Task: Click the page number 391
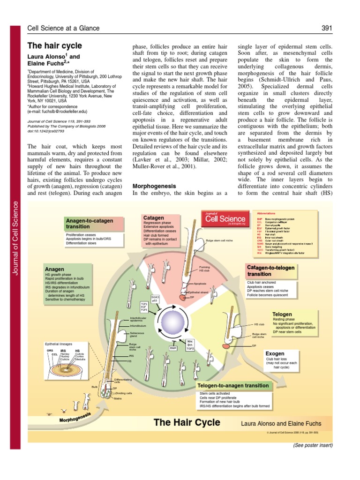[327, 29]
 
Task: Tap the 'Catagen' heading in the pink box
[154, 218]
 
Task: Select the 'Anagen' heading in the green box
[54, 269]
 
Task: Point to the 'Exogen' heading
[275, 353]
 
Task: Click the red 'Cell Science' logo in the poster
[225, 218]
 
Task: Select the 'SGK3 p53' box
[155, 298]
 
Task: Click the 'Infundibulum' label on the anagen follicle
[138, 325]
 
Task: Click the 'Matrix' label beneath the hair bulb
[118, 398]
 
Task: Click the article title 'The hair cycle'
[54, 46]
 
